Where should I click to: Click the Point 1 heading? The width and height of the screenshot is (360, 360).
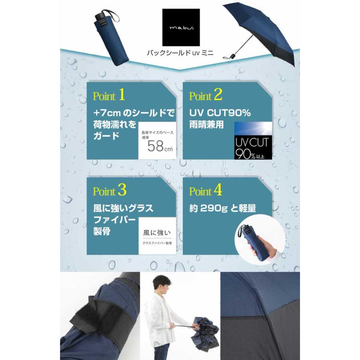tap(109, 96)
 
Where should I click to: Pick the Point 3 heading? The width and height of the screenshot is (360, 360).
tap(110, 191)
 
